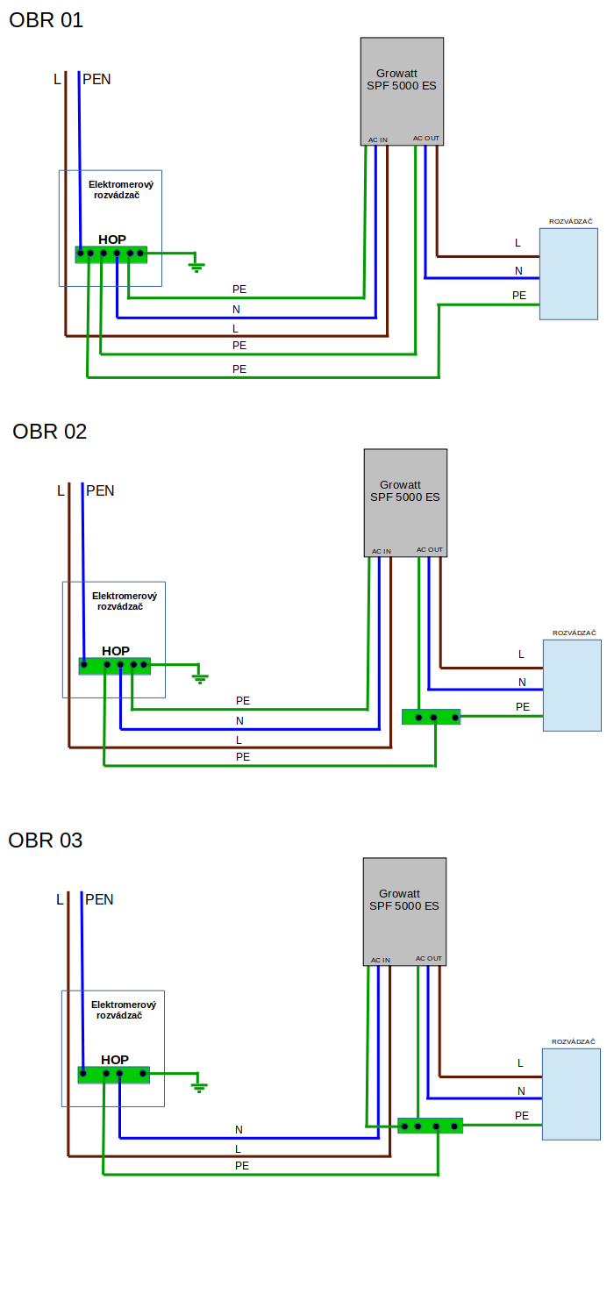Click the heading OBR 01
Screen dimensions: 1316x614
click(46, 20)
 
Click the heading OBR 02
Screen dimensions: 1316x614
click(50, 432)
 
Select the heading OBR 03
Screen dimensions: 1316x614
click(46, 840)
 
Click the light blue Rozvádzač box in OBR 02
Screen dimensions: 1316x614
click(572, 685)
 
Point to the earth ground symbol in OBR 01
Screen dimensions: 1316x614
click(196, 265)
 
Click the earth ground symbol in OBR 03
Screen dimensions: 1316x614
click(199, 1086)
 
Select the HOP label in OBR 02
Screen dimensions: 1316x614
click(116, 651)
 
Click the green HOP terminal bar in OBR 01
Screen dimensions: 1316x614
click(111, 254)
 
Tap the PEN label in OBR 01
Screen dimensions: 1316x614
click(96, 80)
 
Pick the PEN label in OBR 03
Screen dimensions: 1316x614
click(99, 899)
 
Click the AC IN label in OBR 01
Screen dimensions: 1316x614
click(378, 139)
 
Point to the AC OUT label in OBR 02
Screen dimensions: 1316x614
click(430, 550)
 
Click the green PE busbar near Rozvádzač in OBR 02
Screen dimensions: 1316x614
click(431, 717)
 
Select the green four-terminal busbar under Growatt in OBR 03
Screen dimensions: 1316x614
click(430, 1126)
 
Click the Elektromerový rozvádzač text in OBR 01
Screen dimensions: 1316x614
click(121, 190)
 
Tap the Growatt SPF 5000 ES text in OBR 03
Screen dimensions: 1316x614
click(403, 900)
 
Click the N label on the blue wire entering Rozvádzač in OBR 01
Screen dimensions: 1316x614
click(518, 271)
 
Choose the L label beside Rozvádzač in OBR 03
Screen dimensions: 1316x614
click(520, 1063)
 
